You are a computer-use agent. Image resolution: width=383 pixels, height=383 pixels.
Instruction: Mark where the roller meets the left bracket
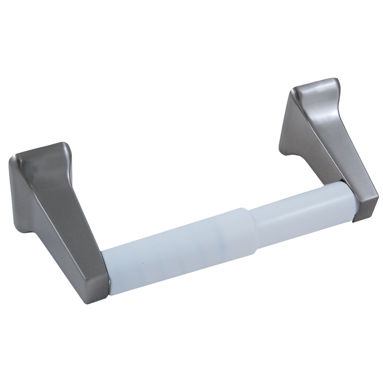[x=106, y=272]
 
